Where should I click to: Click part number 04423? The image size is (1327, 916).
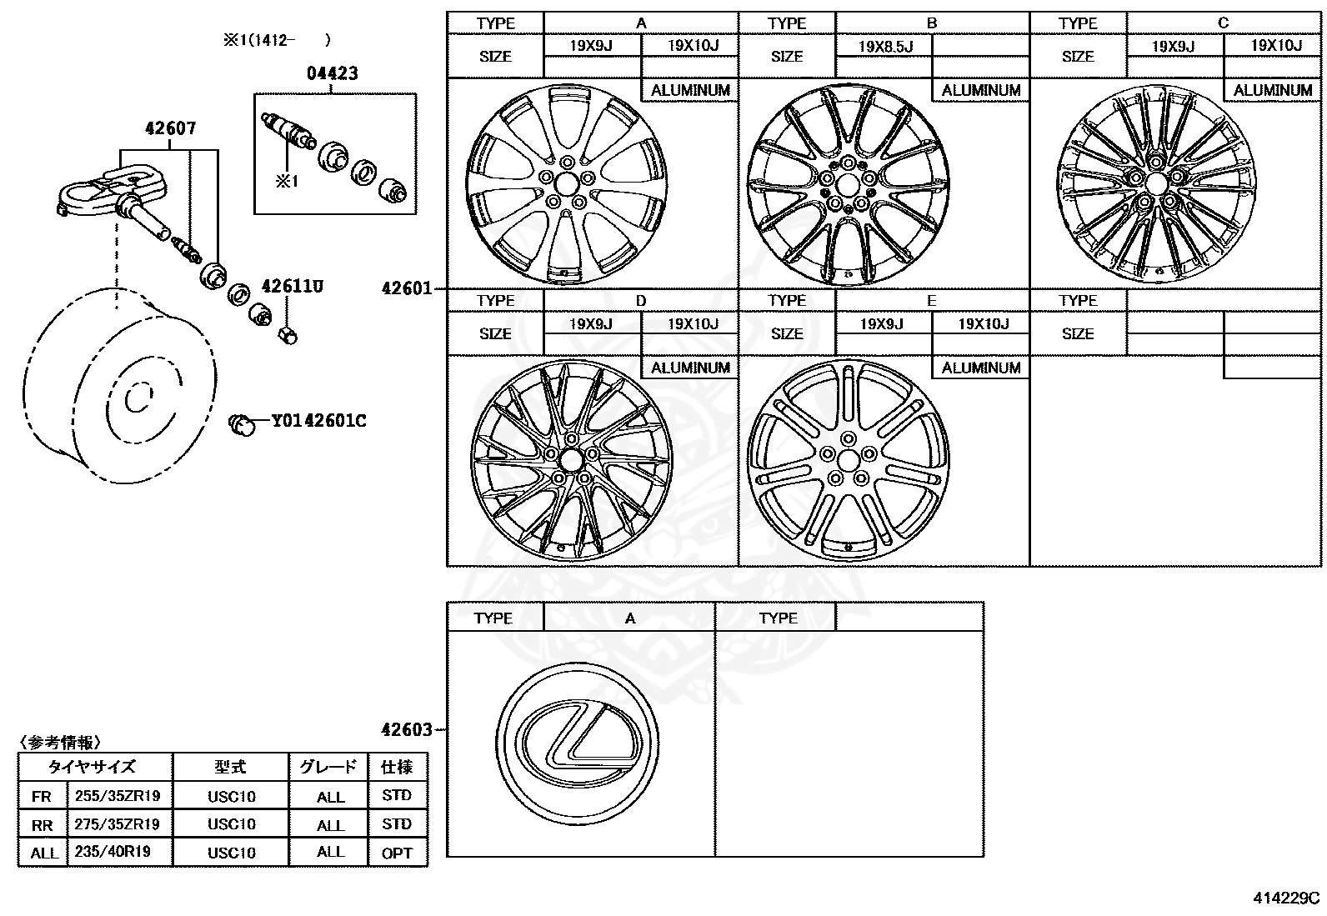tap(333, 73)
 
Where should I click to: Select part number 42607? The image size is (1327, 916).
tap(170, 128)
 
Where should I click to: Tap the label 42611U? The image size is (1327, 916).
tap(292, 287)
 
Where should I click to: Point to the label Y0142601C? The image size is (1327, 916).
tap(318, 421)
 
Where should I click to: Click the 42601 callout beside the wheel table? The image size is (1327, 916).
tap(407, 288)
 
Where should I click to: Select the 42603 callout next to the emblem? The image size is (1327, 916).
tap(407, 729)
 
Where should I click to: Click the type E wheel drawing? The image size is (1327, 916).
tap(848, 461)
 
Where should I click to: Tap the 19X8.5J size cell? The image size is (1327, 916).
tap(884, 46)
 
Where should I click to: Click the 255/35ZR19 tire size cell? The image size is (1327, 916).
tap(118, 795)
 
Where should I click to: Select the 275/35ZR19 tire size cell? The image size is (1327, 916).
tap(118, 823)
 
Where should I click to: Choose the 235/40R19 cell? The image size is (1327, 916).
tap(118, 852)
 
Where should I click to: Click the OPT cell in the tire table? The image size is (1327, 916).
tap(397, 852)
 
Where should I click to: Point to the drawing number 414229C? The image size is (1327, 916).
tap(1286, 898)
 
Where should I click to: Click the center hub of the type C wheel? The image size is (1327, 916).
tap(1154, 183)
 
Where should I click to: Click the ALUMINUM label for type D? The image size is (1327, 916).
tap(689, 368)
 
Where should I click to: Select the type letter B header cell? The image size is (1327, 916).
tap(931, 23)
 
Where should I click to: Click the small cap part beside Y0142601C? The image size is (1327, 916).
tap(243, 424)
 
